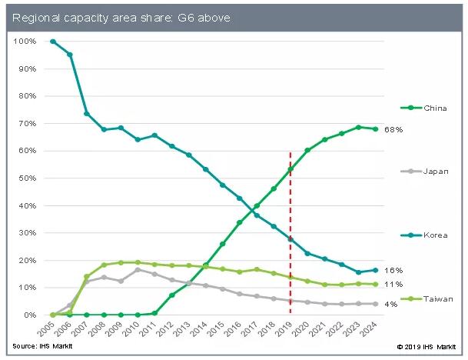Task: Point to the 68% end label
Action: [394, 129]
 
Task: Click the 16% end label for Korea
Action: [394, 271]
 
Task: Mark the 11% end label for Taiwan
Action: [394, 285]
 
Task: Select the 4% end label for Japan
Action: [392, 305]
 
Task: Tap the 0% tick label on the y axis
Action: [31, 315]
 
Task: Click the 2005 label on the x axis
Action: [46, 330]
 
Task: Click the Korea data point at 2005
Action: [52, 41]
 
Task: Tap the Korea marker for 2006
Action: [69, 55]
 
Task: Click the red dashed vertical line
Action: [290, 231]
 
